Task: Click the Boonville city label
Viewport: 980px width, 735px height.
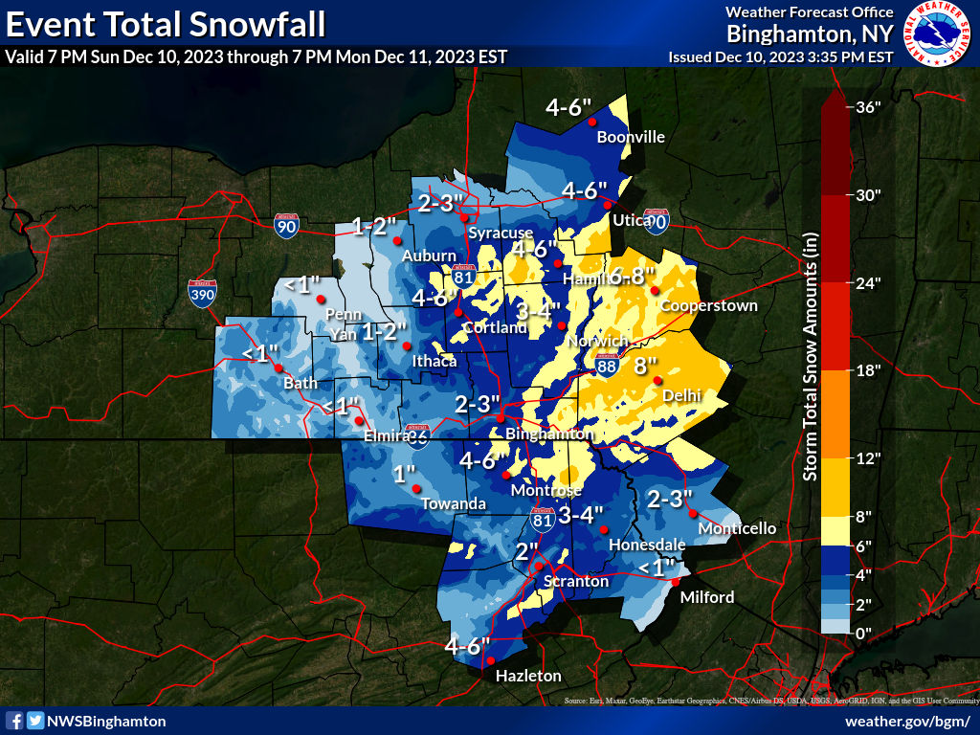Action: click(630, 137)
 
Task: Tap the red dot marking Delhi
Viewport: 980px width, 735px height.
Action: click(657, 380)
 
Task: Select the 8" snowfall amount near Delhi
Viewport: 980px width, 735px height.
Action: click(646, 365)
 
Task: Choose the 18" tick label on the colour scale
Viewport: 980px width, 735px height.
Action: click(868, 370)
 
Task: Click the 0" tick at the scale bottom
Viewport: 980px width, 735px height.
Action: click(865, 633)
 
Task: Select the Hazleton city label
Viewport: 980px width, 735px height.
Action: click(527, 676)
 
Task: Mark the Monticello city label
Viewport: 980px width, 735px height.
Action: click(737, 528)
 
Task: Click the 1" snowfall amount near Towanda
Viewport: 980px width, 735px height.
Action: click(404, 474)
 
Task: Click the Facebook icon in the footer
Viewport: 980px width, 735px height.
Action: click(15, 721)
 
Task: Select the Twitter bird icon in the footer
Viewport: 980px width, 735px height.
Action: click(35, 721)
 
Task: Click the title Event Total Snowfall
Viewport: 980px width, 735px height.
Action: click(165, 22)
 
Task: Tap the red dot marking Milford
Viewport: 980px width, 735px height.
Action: click(675, 582)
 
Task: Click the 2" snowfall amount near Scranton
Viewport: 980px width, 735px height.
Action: click(527, 551)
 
